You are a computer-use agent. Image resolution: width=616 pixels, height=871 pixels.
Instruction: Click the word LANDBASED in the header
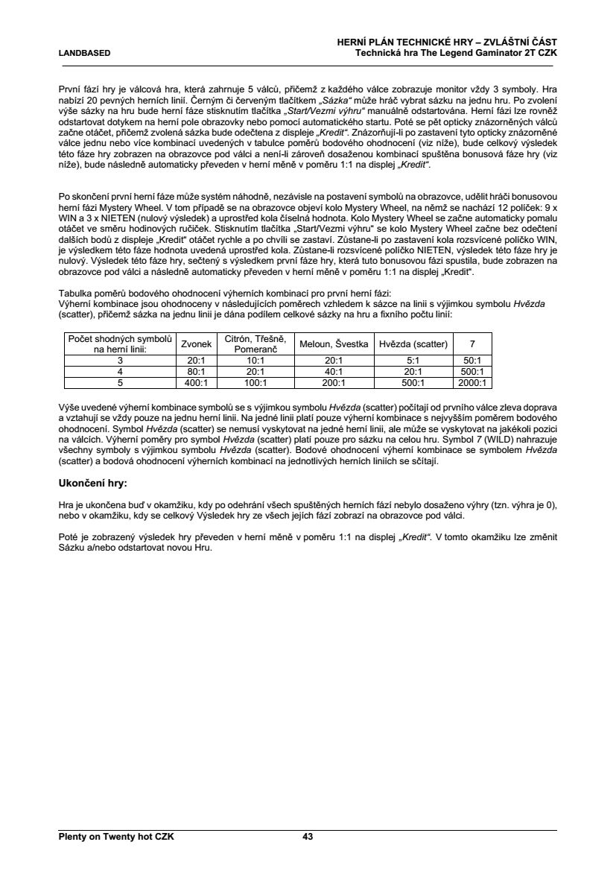click(85, 54)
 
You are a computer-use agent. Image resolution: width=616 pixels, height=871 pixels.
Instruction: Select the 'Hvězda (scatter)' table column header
click(413, 343)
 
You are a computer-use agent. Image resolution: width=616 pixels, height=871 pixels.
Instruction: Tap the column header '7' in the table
click(472, 343)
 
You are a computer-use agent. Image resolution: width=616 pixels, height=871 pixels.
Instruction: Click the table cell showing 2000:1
click(472, 383)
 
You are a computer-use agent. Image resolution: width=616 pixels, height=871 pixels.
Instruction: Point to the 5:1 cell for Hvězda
click(413, 360)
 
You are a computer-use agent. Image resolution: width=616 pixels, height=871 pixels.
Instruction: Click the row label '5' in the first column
click(120, 383)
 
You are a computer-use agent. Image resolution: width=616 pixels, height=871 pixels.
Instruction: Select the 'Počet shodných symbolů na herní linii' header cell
click(120, 343)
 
